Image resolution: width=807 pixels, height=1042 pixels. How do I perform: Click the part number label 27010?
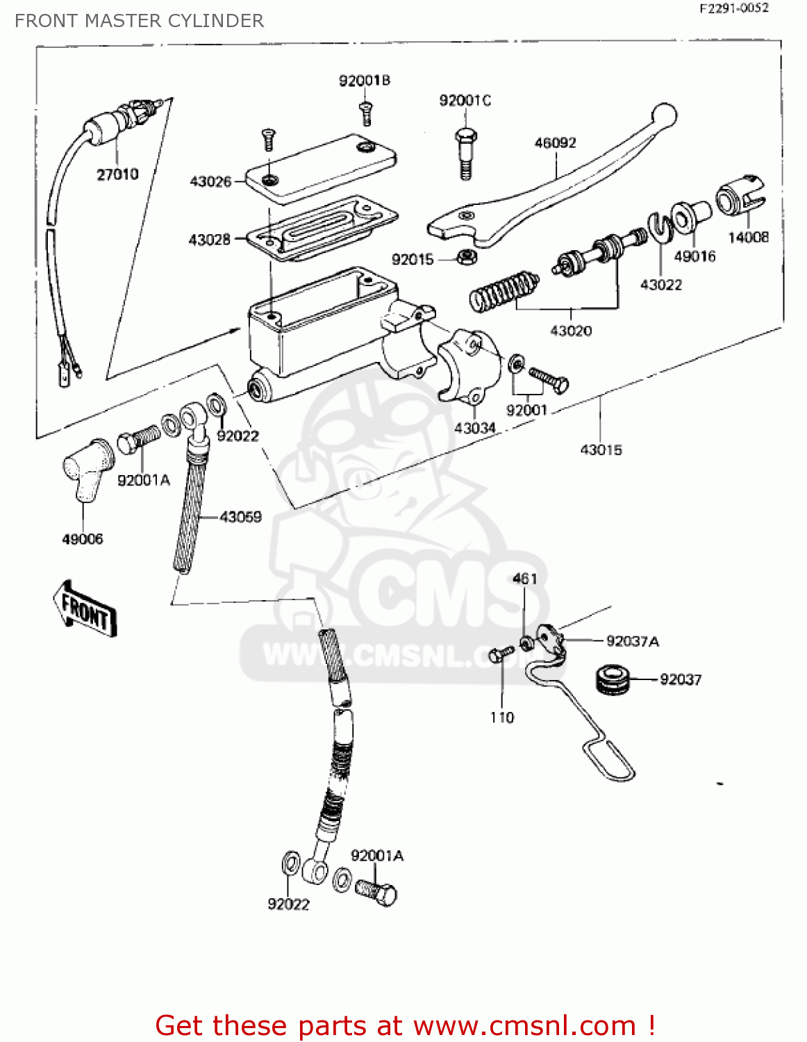click(x=117, y=174)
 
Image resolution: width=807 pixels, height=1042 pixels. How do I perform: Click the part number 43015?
click(x=601, y=450)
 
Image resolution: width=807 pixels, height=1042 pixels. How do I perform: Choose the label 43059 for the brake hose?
click(x=240, y=517)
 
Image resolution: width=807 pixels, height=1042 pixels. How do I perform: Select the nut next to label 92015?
click(x=467, y=257)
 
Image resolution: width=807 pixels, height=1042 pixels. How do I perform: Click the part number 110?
click(x=502, y=718)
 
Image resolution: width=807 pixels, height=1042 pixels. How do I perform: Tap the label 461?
click(x=525, y=579)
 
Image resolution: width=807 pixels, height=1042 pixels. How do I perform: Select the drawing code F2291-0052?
click(x=734, y=9)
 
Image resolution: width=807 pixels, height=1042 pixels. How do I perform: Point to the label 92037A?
click(x=632, y=641)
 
